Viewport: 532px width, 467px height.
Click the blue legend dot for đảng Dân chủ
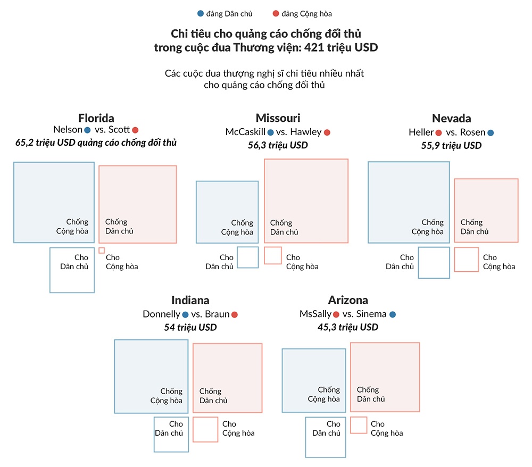[x=200, y=14]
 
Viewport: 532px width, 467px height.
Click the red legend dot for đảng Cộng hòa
[x=275, y=14]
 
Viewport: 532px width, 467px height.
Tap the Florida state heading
[x=96, y=118]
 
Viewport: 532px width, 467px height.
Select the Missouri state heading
[x=278, y=118]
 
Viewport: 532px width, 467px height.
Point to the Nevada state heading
[x=451, y=118]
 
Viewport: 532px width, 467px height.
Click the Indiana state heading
[x=190, y=300]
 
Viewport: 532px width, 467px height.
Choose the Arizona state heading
[x=348, y=300]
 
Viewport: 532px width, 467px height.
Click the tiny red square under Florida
[x=102, y=250]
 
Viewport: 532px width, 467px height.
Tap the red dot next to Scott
[x=135, y=130]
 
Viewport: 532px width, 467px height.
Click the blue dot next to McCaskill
[x=271, y=132]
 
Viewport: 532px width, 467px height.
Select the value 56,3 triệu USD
[x=278, y=145]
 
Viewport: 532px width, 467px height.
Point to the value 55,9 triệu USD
[x=451, y=145]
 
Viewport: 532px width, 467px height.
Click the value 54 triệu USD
[x=190, y=327]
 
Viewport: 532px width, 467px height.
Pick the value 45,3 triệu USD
[x=348, y=327]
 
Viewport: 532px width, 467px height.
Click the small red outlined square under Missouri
[x=273, y=255]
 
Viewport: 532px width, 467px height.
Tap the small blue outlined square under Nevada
[x=434, y=262]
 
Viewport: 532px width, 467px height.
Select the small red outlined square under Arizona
[x=359, y=425]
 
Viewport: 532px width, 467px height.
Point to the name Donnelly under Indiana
[x=161, y=314]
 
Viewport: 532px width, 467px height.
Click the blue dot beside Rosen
[x=490, y=132]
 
